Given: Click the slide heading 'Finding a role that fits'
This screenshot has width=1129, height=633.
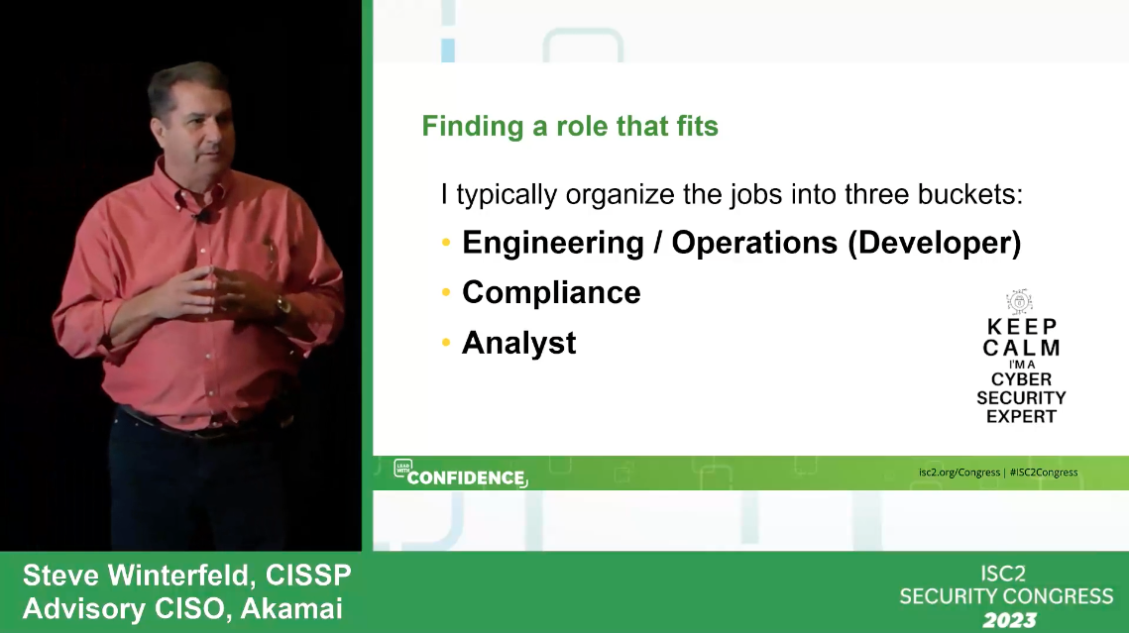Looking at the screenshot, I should [570, 127].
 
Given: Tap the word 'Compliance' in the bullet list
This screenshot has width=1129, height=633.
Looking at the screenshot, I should [551, 293].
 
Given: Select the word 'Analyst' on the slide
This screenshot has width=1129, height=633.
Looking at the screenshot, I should [518, 343].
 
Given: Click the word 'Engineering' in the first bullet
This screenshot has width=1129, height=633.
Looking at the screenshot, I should [552, 244].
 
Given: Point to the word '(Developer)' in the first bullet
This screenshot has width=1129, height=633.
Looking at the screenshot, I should [934, 244].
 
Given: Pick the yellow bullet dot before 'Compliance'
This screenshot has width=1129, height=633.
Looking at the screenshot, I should [447, 293].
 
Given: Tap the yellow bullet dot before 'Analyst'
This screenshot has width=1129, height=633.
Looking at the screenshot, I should [447, 343].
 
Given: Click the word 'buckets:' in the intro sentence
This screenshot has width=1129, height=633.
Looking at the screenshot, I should [973, 194].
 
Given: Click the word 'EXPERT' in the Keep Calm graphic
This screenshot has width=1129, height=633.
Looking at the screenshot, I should [1022, 416].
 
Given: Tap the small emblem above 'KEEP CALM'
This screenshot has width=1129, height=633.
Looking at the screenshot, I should [1020, 301].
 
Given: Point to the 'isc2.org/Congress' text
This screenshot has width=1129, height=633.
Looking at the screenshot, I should [959, 473].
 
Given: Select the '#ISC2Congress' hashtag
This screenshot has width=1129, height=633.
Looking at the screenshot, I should [1044, 473].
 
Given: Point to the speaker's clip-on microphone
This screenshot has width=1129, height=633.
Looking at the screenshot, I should [205, 215].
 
